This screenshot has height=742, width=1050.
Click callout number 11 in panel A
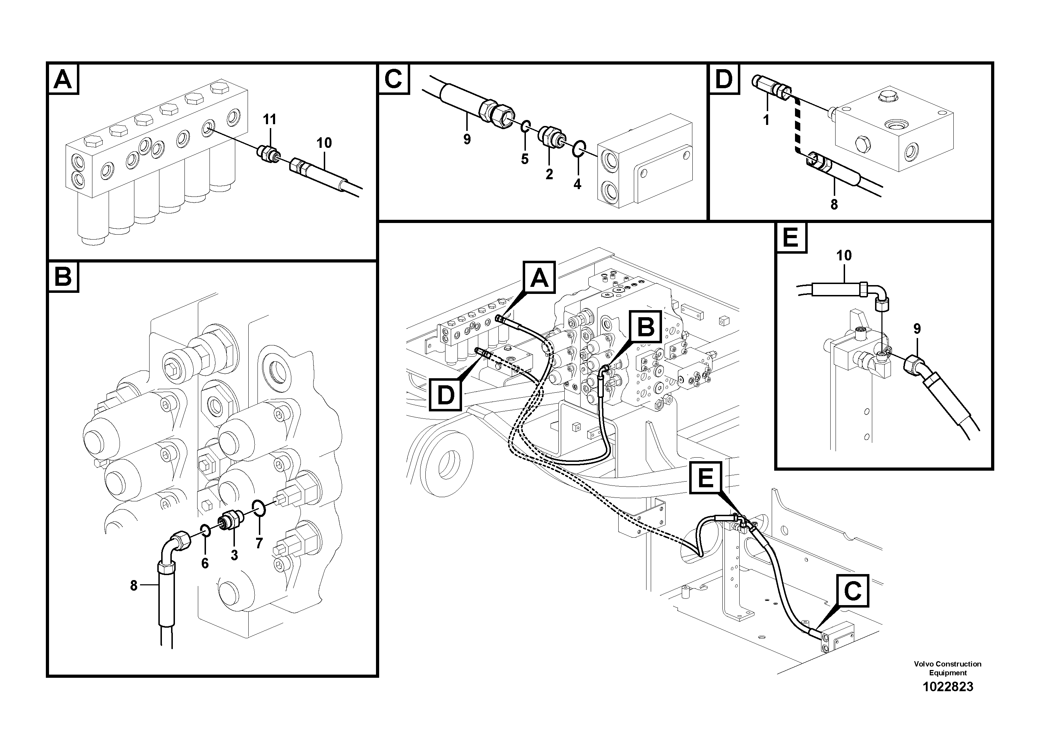pos(269,120)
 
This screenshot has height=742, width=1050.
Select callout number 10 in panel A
pos(324,143)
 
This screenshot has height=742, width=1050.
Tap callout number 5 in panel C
pos(524,159)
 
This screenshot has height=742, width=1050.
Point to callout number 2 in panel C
pos(549,174)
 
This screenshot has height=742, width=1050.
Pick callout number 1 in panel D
pos(766,120)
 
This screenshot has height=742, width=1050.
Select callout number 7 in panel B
pos(259,543)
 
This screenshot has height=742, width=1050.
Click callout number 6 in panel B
pos(205,563)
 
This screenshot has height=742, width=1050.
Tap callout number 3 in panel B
pos(234,555)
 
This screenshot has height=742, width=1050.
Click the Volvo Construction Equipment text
pos(948,668)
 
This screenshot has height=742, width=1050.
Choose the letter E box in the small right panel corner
pos(791,237)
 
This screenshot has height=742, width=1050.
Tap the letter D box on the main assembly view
pos(446,395)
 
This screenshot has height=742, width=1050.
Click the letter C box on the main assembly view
pos(852,591)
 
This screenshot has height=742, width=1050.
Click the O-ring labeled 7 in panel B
pos(259,507)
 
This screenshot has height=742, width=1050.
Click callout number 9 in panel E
pos(917,329)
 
